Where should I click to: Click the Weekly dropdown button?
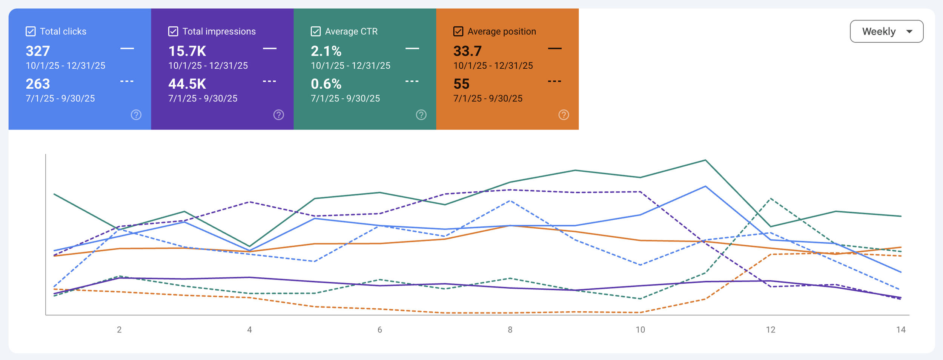pyautogui.click(x=886, y=31)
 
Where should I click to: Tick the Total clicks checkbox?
pyautogui.click(x=31, y=31)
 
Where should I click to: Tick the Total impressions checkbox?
pyautogui.click(x=173, y=31)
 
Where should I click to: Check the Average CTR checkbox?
pyautogui.click(x=316, y=31)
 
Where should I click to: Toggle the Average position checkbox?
pyautogui.click(x=458, y=31)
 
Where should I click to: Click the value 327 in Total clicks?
pyautogui.click(x=38, y=51)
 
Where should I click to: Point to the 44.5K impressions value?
pyautogui.click(x=187, y=84)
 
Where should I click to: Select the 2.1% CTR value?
pyautogui.click(x=326, y=51)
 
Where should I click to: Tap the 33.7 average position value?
pyautogui.click(x=467, y=51)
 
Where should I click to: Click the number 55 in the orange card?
pyautogui.click(x=461, y=84)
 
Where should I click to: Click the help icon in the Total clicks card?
pyautogui.click(x=136, y=115)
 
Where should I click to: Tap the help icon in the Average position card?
pyautogui.click(x=564, y=115)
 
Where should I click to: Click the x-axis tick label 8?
pyautogui.click(x=510, y=329)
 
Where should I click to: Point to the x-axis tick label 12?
pyautogui.click(x=771, y=329)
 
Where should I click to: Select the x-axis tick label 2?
pyautogui.click(x=119, y=329)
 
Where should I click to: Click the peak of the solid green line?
pyautogui.click(x=705, y=160)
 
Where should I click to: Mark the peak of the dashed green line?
pyautogui.click(x=771, y=198)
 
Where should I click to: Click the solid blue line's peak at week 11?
pyautogui.click(x=705, y=186)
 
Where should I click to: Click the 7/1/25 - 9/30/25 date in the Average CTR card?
pyautogui.click(x=345, y=98)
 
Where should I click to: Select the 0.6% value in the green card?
pyautogui.click(x=326, y=84)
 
